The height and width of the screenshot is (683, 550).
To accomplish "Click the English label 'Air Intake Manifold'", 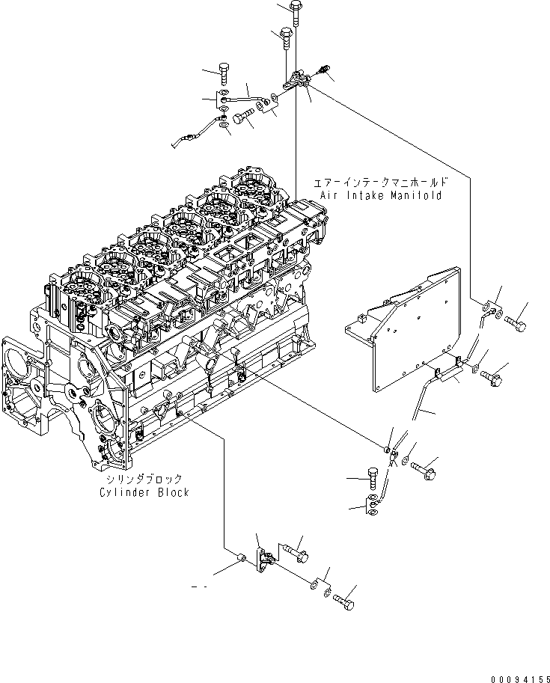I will coord(380,195).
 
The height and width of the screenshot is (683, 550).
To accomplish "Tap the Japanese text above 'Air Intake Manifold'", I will coord(380,182).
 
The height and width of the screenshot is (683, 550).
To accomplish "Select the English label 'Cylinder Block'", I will coord(144,492).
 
